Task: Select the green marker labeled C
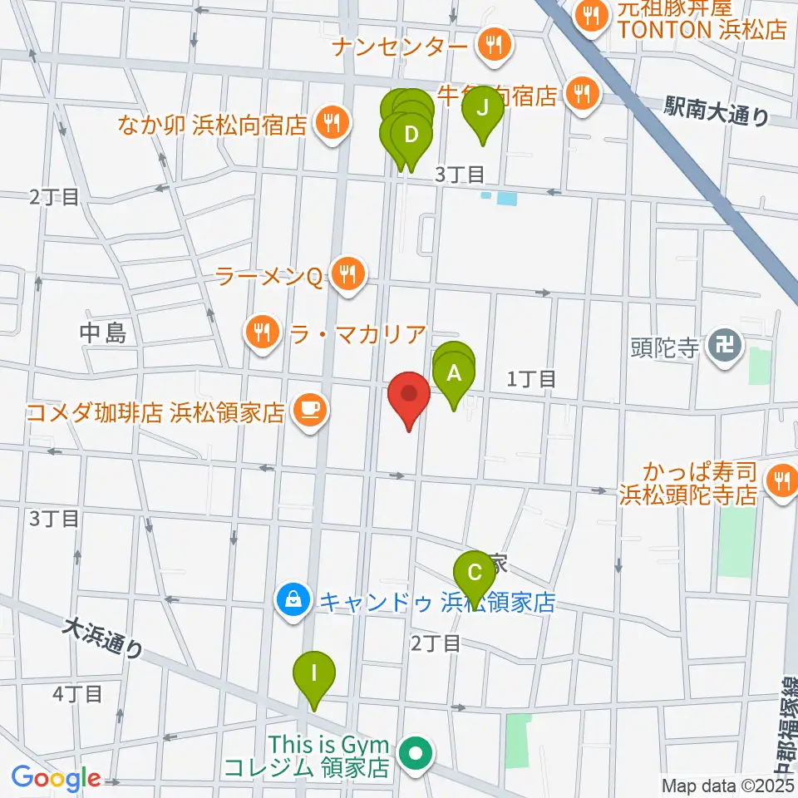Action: (474, 573)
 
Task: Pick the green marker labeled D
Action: (410, 134)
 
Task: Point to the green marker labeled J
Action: (482, 108)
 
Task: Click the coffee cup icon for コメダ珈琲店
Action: (309, 409)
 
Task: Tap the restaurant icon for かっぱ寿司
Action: (781, 479)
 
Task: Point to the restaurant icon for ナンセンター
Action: (494, 44)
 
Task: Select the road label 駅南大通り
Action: (717, 111)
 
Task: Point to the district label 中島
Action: (104, 333)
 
